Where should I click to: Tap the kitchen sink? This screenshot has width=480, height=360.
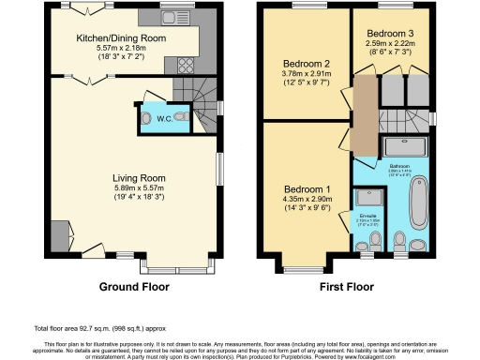pos(172,17)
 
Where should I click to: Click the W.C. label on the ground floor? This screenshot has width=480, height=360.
pos(163,118)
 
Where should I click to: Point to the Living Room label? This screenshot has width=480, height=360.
pos(139,177)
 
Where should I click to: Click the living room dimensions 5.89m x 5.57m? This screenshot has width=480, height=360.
pos(139,188)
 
